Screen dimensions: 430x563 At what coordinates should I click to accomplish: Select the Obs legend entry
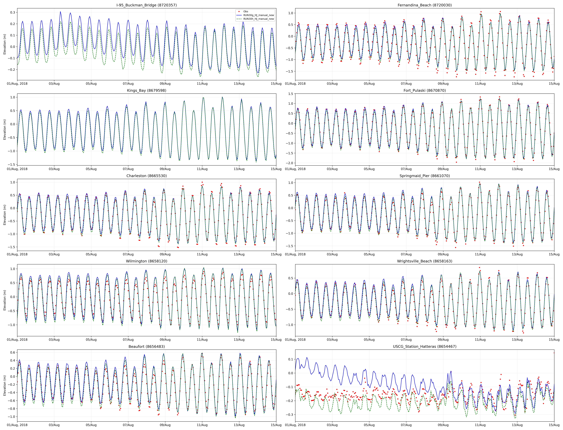[x=246, y=12]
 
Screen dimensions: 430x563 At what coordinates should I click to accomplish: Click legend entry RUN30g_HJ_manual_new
[x=258, y=15]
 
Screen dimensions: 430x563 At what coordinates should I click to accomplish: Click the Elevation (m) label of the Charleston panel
[x=5, y=215]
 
